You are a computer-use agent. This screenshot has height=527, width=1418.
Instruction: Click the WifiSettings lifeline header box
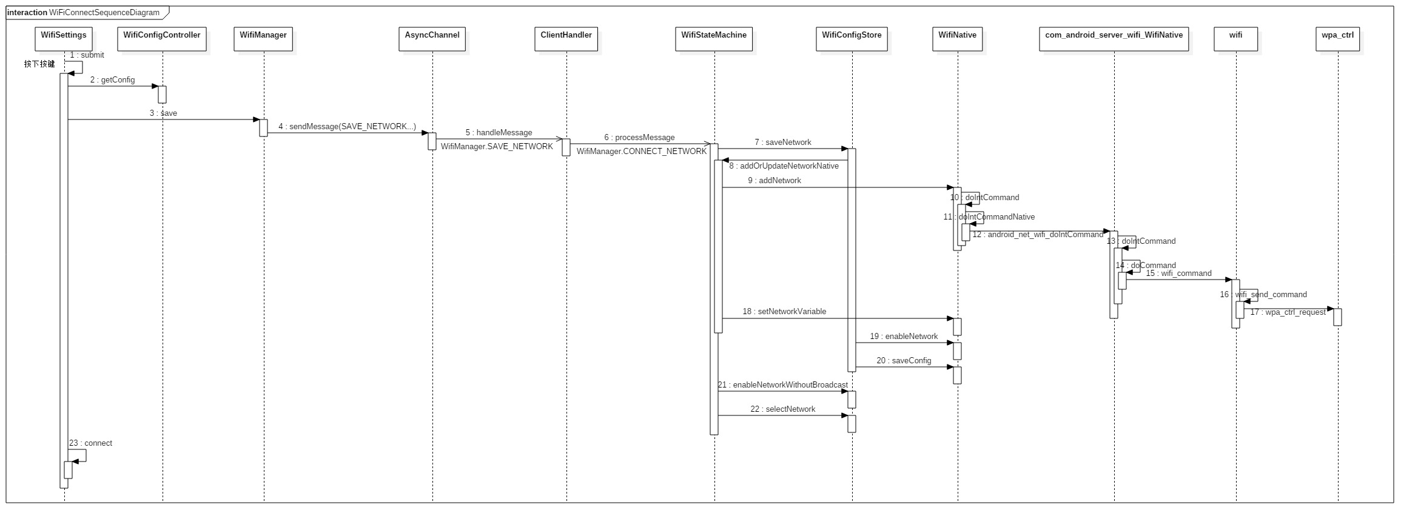64,38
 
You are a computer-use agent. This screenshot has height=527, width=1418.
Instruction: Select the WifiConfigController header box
162,38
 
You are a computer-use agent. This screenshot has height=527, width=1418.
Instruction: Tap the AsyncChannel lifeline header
432,38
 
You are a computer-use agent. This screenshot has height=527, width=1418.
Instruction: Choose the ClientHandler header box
566,38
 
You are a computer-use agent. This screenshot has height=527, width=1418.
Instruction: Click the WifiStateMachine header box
714,38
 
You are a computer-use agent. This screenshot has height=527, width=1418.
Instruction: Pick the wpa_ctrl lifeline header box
1337,38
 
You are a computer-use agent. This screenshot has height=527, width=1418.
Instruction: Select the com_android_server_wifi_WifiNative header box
1114,38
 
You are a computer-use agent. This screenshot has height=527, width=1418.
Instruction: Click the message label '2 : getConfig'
112,80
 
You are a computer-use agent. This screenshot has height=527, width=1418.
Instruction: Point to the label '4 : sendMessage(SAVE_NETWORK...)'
347,127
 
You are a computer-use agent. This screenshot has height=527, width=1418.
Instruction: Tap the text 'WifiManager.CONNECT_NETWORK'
641,152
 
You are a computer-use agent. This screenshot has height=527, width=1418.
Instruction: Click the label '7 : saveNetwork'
782,143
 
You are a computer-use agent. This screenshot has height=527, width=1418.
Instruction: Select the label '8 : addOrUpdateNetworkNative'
784,166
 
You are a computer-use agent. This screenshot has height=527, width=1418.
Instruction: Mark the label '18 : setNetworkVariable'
784,312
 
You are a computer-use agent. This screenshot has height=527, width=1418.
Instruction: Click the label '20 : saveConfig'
904,361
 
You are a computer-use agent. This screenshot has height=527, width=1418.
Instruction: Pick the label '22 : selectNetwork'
782,409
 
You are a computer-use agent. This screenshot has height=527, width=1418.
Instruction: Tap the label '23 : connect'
90,443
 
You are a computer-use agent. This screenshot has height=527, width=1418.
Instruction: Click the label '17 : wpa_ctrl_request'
1288,312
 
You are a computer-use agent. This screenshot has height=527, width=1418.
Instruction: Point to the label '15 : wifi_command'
1178,274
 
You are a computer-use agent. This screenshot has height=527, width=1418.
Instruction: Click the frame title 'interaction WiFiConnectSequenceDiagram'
83,13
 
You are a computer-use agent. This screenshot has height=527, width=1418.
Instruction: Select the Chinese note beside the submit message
39,64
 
